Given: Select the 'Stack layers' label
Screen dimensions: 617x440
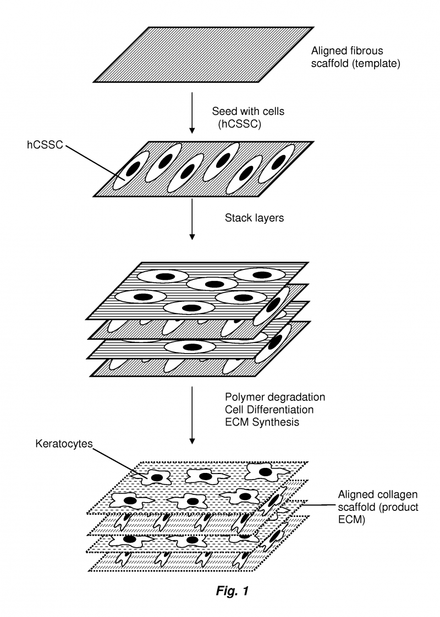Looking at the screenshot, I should pos(254,217).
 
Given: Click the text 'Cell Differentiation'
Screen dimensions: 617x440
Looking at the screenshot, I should pos(269,410).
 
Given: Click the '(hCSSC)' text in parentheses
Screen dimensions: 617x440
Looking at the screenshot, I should pos(239,124).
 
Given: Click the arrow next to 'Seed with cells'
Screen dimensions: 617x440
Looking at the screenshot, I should pos(191,113).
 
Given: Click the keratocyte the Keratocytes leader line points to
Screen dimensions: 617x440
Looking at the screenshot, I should pos(156,476).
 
